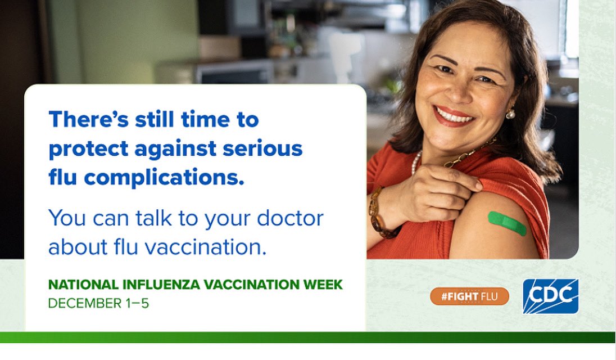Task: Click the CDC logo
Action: (x=550, y=296)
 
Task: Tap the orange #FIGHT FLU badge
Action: (x=469, y=296)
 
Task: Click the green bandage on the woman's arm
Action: (x=507, y=223)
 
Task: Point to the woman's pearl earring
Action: (x=510, y=114)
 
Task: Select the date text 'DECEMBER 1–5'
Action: (x=98, y=303)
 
